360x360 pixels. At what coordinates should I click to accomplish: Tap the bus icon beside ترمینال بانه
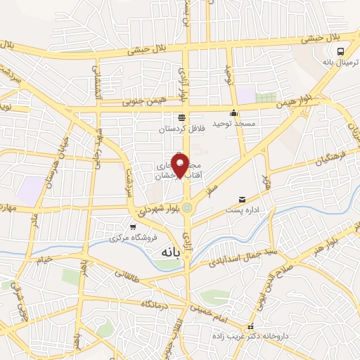point(341,51)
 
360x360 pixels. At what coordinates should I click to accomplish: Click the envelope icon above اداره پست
point(243,200)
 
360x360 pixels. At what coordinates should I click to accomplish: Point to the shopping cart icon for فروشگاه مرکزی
point(133,226)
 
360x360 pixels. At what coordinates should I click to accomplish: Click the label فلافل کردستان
point(180,129)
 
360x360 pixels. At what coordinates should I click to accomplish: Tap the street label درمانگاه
point(156,304)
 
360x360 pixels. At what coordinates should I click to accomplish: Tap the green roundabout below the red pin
point(186,207)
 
